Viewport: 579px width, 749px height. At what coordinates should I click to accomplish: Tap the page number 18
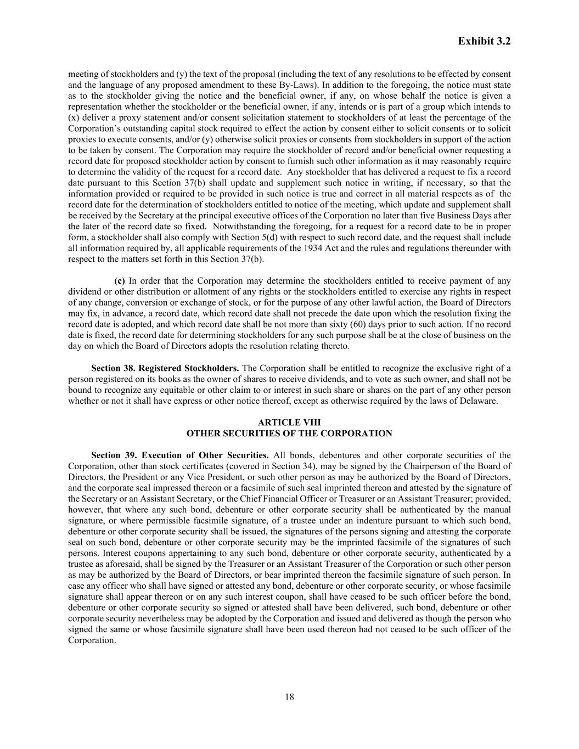[290, 697]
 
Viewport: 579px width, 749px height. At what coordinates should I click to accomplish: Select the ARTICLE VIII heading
[289, 423]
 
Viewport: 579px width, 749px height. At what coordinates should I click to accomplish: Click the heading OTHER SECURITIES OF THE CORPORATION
[289, 433]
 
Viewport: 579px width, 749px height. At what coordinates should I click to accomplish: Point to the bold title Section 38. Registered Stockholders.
[165, 368]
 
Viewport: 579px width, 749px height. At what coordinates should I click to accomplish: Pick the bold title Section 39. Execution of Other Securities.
[179, 455]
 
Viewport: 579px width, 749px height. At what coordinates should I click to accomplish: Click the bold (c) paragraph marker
[119, 281]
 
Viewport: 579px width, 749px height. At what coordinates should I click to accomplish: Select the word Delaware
[479, 401]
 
